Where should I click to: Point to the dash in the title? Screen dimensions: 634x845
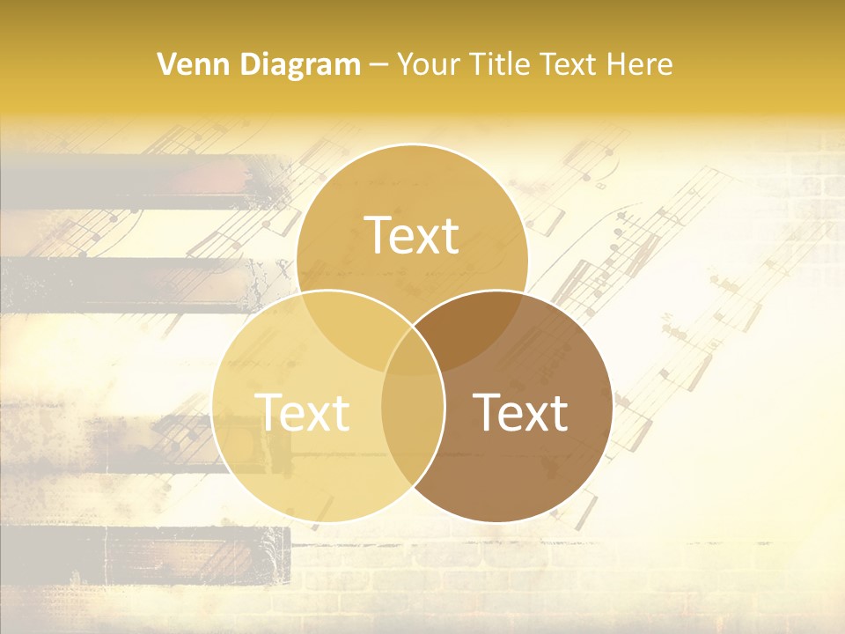click(x=378, y=65)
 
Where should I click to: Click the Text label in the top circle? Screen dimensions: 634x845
click(x=412, y=235)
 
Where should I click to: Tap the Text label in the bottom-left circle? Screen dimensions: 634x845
click(x=302, y=411)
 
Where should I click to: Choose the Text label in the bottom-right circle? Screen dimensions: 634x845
click(x=520, y=411)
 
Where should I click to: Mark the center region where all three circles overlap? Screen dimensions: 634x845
click(x=412, y=348)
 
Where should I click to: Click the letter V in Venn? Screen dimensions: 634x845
click(x=165, y=64)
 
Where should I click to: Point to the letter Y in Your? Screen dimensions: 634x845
click(x=405, y=64)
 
